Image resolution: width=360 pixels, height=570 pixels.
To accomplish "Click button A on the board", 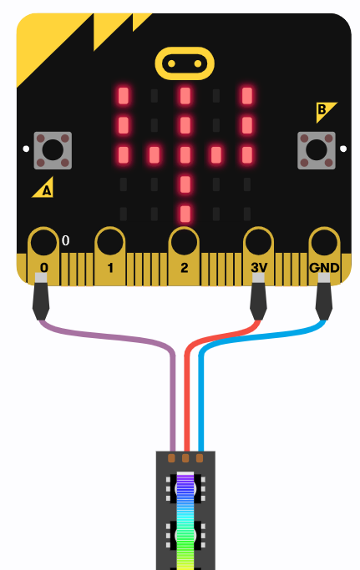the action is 53,150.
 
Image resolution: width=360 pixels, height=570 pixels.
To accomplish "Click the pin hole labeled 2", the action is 185,242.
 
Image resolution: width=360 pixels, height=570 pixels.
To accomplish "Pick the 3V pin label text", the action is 259,268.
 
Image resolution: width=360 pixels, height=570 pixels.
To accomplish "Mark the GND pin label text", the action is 324,268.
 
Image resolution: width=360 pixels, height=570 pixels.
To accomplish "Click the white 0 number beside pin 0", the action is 65,240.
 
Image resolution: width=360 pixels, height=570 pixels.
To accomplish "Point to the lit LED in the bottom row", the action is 185,214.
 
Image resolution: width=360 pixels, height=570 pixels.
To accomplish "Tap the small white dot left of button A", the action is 26,149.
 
